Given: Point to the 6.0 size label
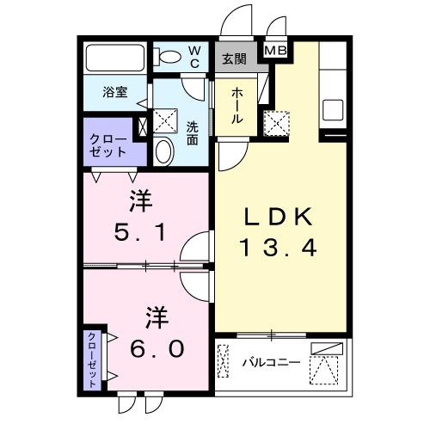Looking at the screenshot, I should coord(156,347).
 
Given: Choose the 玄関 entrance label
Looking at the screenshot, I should coord(234,59).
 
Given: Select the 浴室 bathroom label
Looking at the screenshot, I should coord(115,92).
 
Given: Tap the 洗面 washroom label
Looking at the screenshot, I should coord(193,133).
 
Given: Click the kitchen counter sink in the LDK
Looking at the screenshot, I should coord(331,110).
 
